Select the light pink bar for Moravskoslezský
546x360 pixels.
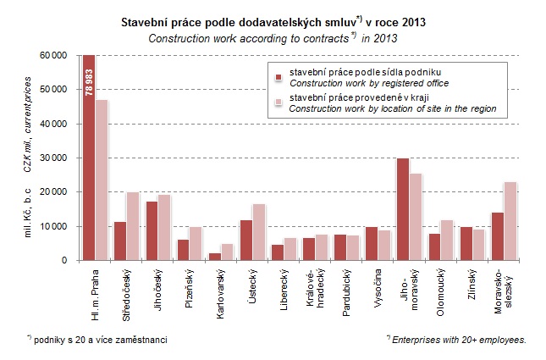pos(510,221)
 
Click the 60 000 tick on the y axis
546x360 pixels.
pos(54,55)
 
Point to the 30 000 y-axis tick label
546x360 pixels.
pos(54,158)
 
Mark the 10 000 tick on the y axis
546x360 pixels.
pos(54,226)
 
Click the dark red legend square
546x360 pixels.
pos(278,77)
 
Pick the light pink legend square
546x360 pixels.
pos(278,102)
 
